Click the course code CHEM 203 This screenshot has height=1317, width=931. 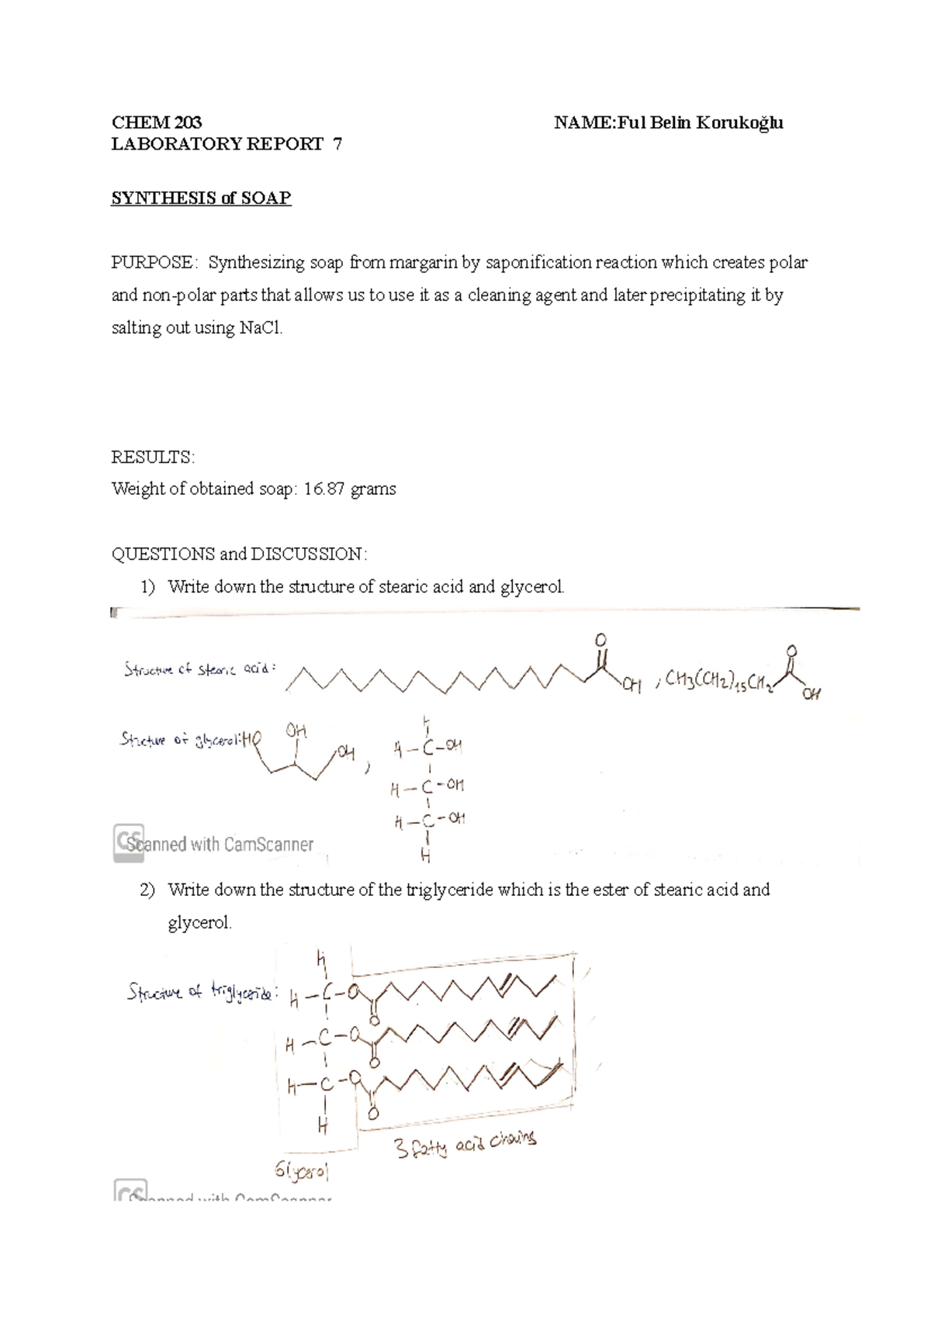coord(157,123)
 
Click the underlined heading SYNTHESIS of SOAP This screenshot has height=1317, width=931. coord(201,198)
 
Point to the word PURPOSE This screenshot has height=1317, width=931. coord(152,263)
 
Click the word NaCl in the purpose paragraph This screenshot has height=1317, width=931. coord(261,328)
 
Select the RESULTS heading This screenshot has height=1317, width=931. coord(153,458)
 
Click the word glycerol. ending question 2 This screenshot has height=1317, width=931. coord(199,924)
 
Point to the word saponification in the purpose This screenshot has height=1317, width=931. coord(539,263)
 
